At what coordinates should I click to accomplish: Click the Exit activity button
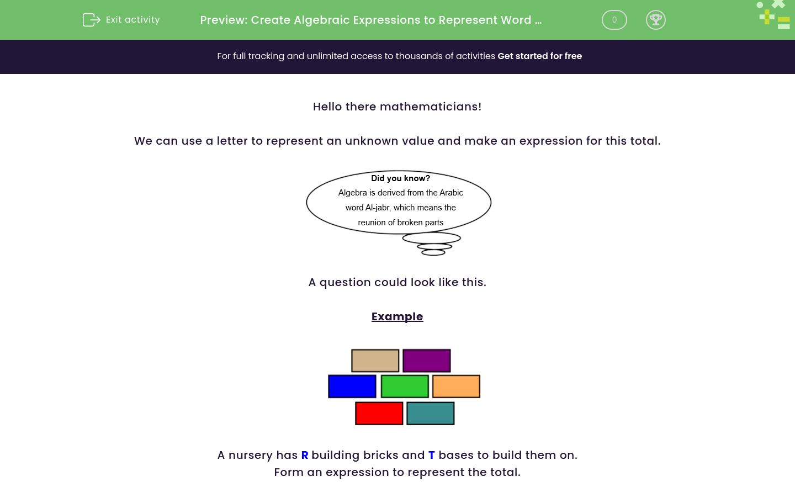pos(121,20)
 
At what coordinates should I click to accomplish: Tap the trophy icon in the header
pos(655,20)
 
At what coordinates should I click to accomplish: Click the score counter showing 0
pos(614,20)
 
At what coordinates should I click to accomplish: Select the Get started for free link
pos(539,56)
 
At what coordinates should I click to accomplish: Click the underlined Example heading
pos(397,316)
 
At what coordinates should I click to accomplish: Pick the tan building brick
pos(375,361)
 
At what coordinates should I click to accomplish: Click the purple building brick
pos(426,361)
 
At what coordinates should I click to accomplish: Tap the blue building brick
pos(352,387)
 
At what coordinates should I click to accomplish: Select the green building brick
pos(405,387)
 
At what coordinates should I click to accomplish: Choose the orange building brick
pos(456,387)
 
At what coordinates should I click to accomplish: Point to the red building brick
pos(379,414)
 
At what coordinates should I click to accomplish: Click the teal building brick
pos(430,414)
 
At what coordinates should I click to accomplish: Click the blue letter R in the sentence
pos(304,456)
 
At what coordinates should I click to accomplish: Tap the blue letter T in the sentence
pos(432,456)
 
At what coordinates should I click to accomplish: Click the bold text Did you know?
pos(400,178)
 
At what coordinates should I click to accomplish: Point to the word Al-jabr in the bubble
pos(378,208)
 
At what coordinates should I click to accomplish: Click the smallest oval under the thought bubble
pos(433,252)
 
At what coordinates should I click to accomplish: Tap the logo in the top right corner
pos(774,15)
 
